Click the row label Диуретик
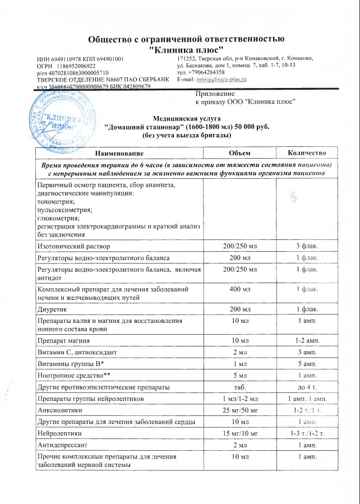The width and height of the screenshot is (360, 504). point(53,309)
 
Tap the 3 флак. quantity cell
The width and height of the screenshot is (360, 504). point(307,246)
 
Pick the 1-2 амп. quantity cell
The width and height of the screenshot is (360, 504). point(307,340)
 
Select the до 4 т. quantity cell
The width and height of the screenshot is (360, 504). point(307,386)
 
